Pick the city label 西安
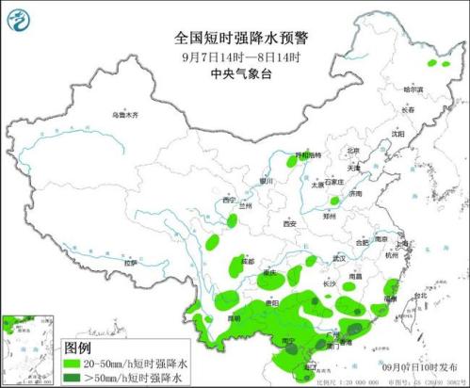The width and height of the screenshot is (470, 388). pos(289,223)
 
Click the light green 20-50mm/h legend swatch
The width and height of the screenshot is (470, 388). pos(76,363)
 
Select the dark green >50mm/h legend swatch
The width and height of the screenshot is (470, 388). pos(76,378)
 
